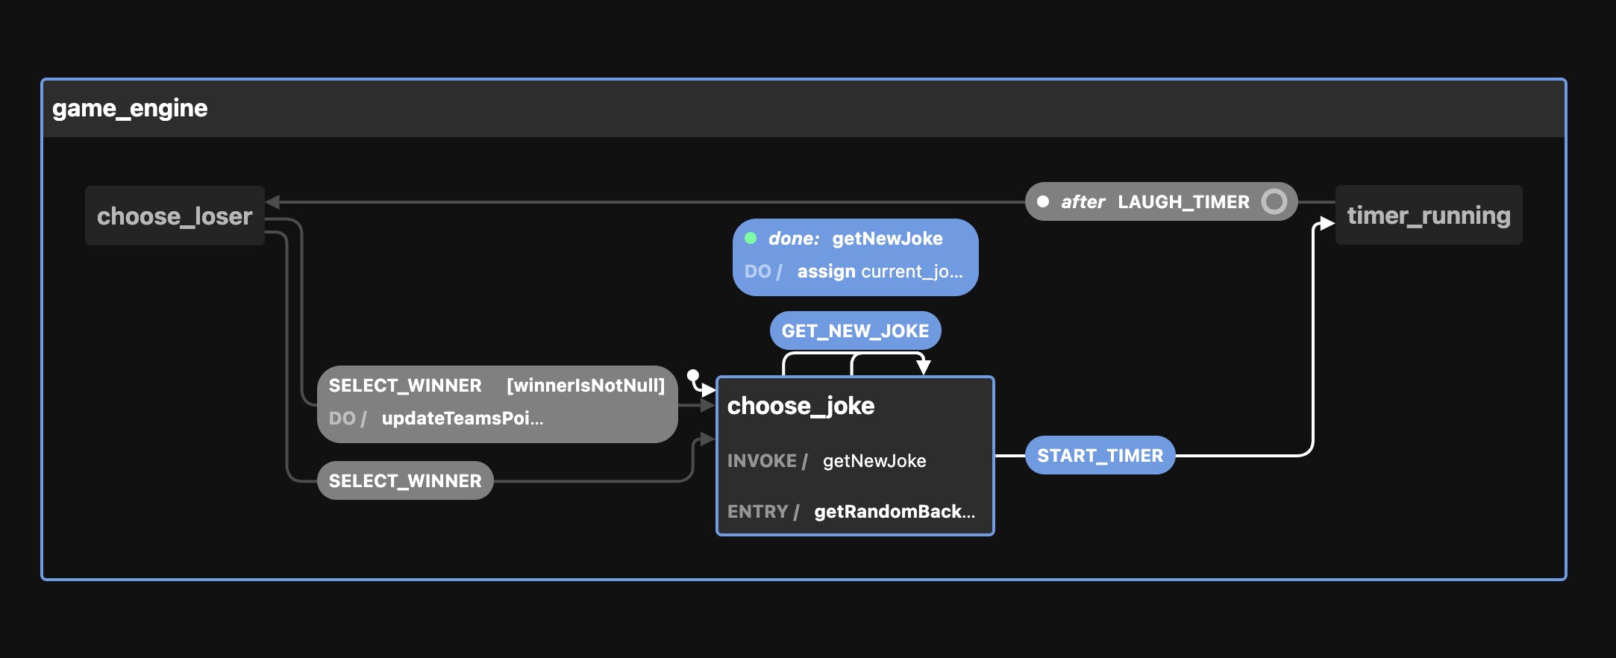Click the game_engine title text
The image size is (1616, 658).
tap(130, 109)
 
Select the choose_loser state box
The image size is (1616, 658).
tap(175, 216)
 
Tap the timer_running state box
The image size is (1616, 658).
tap(1428, 216)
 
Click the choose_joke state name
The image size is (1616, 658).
tap(801, 406)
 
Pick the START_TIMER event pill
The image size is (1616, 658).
tap(1100, 456)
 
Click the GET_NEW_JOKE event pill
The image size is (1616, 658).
tap(855, 331)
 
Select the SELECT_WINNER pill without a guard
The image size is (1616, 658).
tap(405, 481)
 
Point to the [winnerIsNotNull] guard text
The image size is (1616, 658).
tap(586, 386)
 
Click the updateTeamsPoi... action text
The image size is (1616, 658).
tap(462, 419)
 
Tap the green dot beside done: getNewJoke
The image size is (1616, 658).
tap(751, 239)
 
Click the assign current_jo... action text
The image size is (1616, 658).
tap(880, 272)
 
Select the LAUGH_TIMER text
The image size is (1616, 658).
tap(1183, 202)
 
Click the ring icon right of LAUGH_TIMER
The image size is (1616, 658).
tap(1274, 201)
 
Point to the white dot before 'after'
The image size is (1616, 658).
tap(1043, 201)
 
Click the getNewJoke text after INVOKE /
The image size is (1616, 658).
tap(874, 461)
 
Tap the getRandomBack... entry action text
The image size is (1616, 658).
tap(895, 512)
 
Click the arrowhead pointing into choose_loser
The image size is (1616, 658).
tap(272, 201)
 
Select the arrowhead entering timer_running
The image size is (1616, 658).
tap(1327, 222)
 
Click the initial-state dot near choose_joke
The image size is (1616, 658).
tap(693, 375)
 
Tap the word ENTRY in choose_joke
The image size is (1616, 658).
tap(757, 512)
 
